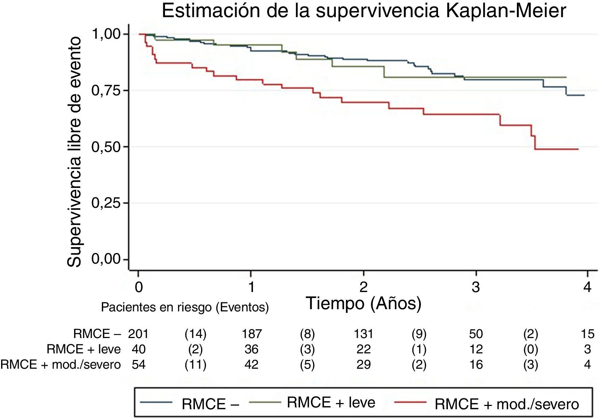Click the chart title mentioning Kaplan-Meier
[364, 11]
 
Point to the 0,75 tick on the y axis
[105, 91]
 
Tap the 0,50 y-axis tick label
[105, 147]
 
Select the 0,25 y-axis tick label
[105, 203]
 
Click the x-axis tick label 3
[476, 288]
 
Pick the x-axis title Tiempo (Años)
[364, 303]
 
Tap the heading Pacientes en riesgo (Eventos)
[185, 308]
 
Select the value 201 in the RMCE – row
[138, 334]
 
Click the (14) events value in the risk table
[195, 334]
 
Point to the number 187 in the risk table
[251, 334]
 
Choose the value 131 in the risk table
[364, 334]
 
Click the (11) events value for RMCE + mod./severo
[195, 365]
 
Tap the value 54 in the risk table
[139, 365]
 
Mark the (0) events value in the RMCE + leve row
[530, 349]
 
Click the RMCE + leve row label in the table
[84, 349]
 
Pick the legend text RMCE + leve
[331, 402]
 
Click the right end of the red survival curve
[578, 149]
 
